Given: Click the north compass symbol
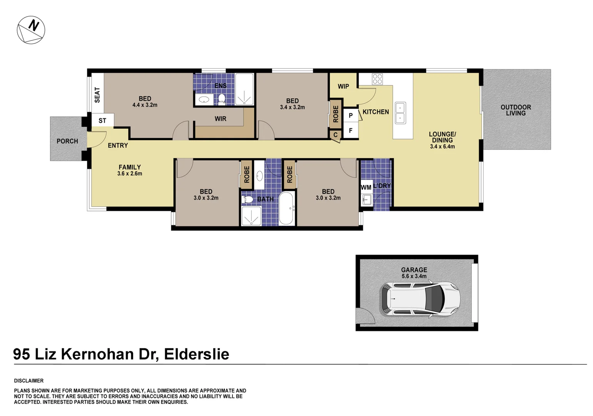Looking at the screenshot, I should [x=31, y=30].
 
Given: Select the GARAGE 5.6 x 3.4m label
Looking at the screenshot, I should [x=414, y=273].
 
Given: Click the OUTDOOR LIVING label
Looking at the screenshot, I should [x=516, y=110].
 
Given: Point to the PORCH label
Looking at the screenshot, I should [x=67, y=141].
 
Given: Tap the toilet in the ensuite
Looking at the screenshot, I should [x=222, y=99].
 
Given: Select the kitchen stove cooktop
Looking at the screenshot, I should [x=377, y=79].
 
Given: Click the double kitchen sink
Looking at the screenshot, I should [x=400, y=113].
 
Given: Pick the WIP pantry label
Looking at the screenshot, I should [x=343, y=86].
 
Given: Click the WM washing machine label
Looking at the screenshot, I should [x=366, y=188].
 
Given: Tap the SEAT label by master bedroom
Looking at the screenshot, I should [x=97, y=95].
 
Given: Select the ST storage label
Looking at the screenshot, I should [x=102, y=121].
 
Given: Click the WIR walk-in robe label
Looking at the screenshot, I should [x=220, y=119].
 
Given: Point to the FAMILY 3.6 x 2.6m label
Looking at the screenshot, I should [x=130, y=170].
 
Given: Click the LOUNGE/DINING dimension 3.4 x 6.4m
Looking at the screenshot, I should [x=442, y=147].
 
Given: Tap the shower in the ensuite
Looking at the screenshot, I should [x=244, y=89].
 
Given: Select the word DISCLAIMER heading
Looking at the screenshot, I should [x=29, y=381].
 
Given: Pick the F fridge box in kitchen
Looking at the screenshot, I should [x=351, y=131].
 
